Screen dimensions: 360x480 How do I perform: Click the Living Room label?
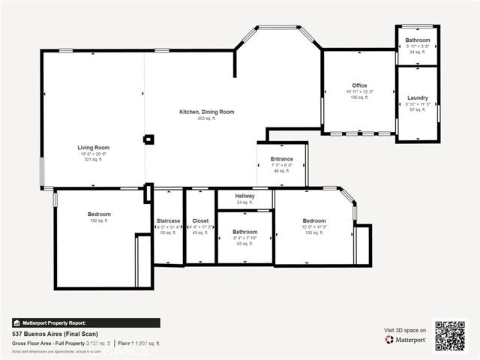click(x=94, y=147)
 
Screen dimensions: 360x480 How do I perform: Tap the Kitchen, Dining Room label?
click(x=206, y=112)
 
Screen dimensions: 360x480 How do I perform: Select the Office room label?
click(x=359, y=85)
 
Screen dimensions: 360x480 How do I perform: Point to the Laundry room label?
click(x=418, y=97)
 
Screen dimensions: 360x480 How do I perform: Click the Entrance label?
click(x=282, y=158)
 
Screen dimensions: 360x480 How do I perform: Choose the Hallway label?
click(x=245, y=196)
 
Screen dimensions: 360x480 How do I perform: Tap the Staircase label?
click(x=167, y=220)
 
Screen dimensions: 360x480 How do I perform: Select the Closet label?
click(x=200, y=220)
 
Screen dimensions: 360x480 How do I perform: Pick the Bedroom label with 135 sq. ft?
click(x=314, y=220)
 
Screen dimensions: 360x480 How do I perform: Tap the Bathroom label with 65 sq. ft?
click(x=245, y=232)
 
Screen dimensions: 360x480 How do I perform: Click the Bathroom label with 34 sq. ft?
click(x=418, y=40)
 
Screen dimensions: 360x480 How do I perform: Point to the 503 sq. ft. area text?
click(x=206, y=118)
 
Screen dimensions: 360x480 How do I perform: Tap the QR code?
click(x=451, y=335)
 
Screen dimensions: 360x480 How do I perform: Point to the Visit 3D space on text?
click(x=405, y=330)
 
